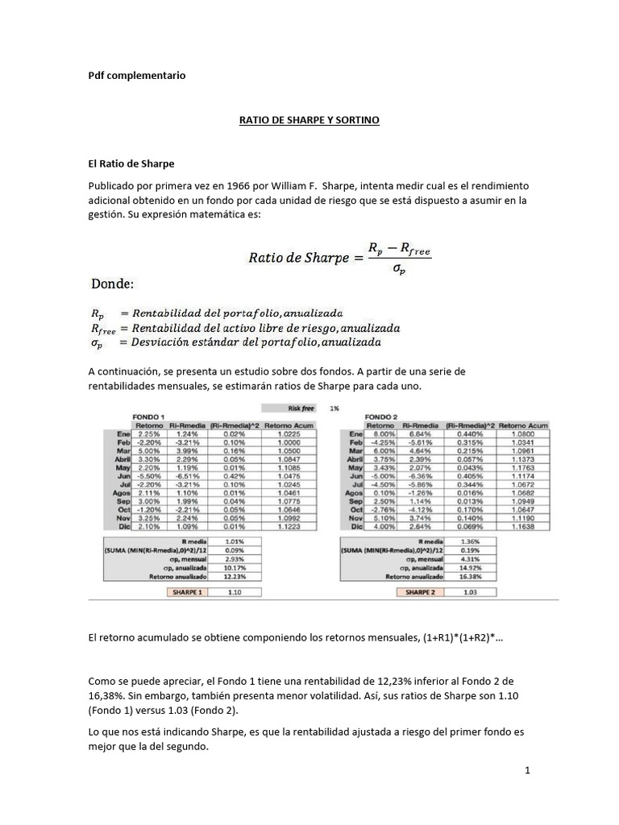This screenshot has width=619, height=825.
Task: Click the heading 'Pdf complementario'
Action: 136,75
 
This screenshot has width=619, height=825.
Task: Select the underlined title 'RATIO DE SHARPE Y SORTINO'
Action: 309,120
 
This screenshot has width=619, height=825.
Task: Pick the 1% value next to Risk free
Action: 334,408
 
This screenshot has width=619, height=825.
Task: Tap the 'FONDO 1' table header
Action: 148,416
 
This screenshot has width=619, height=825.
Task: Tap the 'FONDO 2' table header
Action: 383,416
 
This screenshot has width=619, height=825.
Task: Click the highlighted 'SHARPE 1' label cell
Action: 185,591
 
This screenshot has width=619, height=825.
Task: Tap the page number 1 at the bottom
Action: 527,771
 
